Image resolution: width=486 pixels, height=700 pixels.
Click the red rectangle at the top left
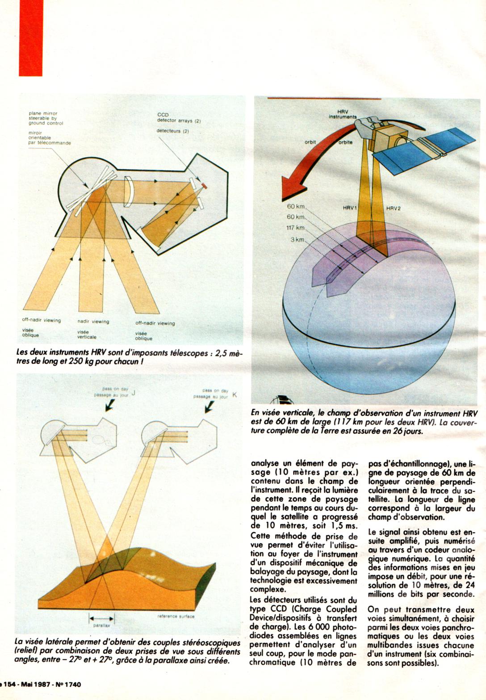30,37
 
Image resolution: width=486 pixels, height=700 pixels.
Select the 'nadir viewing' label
93,321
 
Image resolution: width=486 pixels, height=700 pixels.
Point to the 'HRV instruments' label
343,114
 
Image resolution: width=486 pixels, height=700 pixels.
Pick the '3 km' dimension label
297,240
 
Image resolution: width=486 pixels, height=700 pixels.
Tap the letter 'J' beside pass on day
133,393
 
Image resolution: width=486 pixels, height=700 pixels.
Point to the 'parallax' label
102,625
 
